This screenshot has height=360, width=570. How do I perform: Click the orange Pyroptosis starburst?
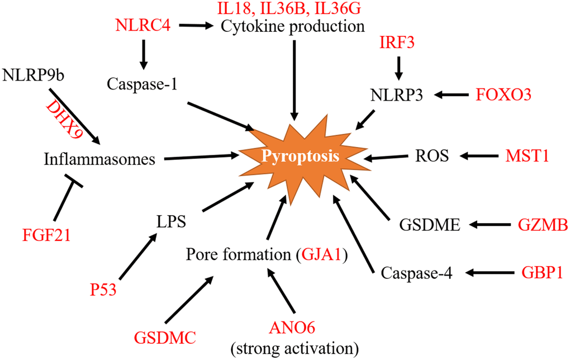click(302, 157)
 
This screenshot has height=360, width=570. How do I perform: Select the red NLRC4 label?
click(142, 26)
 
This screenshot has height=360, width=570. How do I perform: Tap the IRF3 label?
click(397, 42)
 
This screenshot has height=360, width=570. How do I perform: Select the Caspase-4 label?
click(416, 273)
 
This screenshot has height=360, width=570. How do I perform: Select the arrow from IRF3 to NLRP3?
click(398, 68)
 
